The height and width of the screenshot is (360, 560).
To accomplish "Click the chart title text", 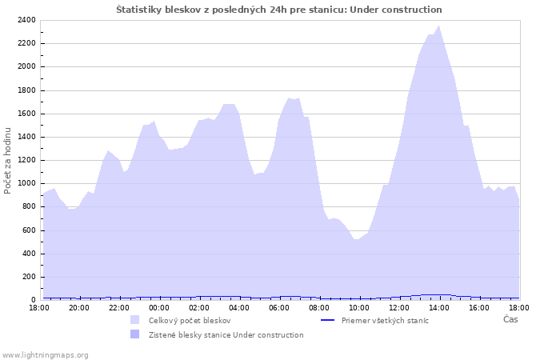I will click(x=278, y=10).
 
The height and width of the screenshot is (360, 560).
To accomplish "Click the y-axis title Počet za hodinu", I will click(x=9, y=160).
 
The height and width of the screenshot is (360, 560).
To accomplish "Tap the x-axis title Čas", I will click(x=510, y=319).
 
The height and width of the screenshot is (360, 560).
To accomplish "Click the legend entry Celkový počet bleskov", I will click(x=190, y=320).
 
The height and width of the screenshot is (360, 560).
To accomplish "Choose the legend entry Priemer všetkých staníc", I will click(x=385, y=320).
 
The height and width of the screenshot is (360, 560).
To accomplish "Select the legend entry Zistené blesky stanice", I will click(x=226, y=334).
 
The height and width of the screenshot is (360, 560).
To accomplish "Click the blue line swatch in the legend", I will click(x=326, y=320).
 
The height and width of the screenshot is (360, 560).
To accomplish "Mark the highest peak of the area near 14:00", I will click(x=439, y=26).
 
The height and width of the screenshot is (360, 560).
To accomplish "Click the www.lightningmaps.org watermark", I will click(x=46, y=354).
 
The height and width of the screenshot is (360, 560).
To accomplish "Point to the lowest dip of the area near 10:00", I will click(x=357, y=239).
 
